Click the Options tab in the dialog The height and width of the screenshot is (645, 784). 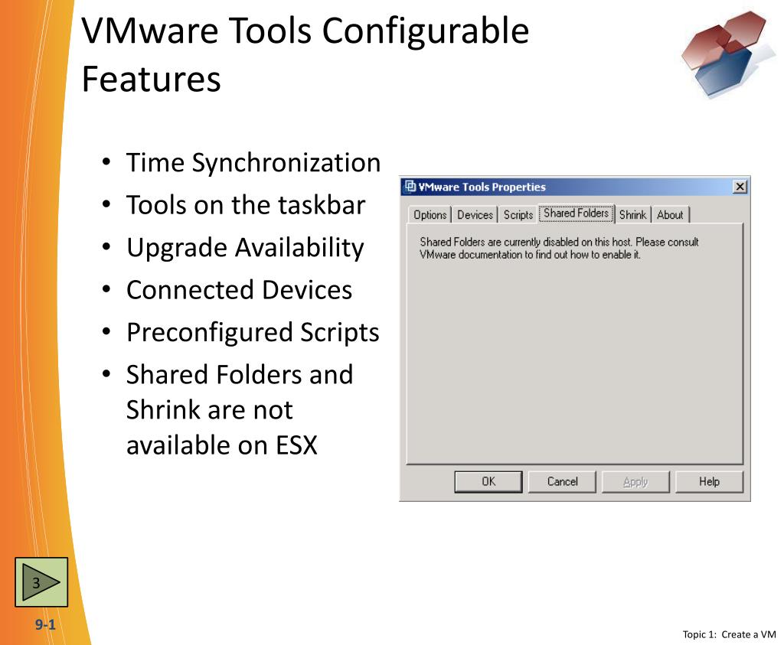[430, 215]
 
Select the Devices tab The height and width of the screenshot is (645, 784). [475, 215]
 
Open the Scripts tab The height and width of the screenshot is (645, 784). [518, 215]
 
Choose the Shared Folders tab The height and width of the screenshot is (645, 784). [576, 213]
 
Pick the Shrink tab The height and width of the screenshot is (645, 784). [632, 215]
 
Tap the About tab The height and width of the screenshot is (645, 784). [670, 215]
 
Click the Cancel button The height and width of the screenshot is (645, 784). [562, 481]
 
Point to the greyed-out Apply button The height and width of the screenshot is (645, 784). [635, 481]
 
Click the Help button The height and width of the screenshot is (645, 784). [709, 481]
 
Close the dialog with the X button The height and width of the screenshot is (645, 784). [739, 187]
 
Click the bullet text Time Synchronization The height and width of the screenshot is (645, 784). [253, 163]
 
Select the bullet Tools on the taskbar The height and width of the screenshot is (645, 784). [246, 205]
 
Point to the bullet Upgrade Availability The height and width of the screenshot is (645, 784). [245, 248]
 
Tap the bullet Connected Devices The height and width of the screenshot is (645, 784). [239, 290]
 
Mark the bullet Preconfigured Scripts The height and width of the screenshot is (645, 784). [253, 332]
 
